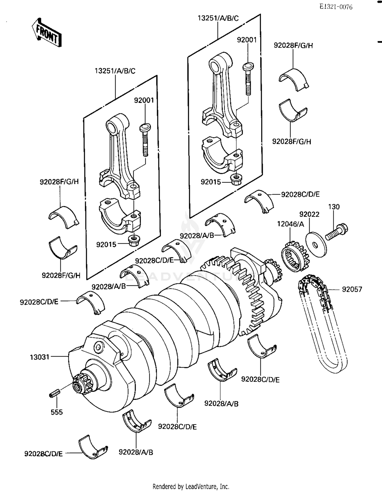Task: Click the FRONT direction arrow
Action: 47,33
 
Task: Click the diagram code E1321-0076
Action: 336,7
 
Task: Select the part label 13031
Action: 39,357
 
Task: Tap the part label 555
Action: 57,412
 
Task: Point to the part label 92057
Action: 352,289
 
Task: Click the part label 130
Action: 334,207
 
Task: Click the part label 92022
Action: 309,214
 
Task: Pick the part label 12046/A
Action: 290,224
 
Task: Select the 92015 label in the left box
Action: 106,245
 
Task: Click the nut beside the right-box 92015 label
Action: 236,180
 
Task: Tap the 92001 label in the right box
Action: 247,40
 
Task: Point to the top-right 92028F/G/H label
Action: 293,46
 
